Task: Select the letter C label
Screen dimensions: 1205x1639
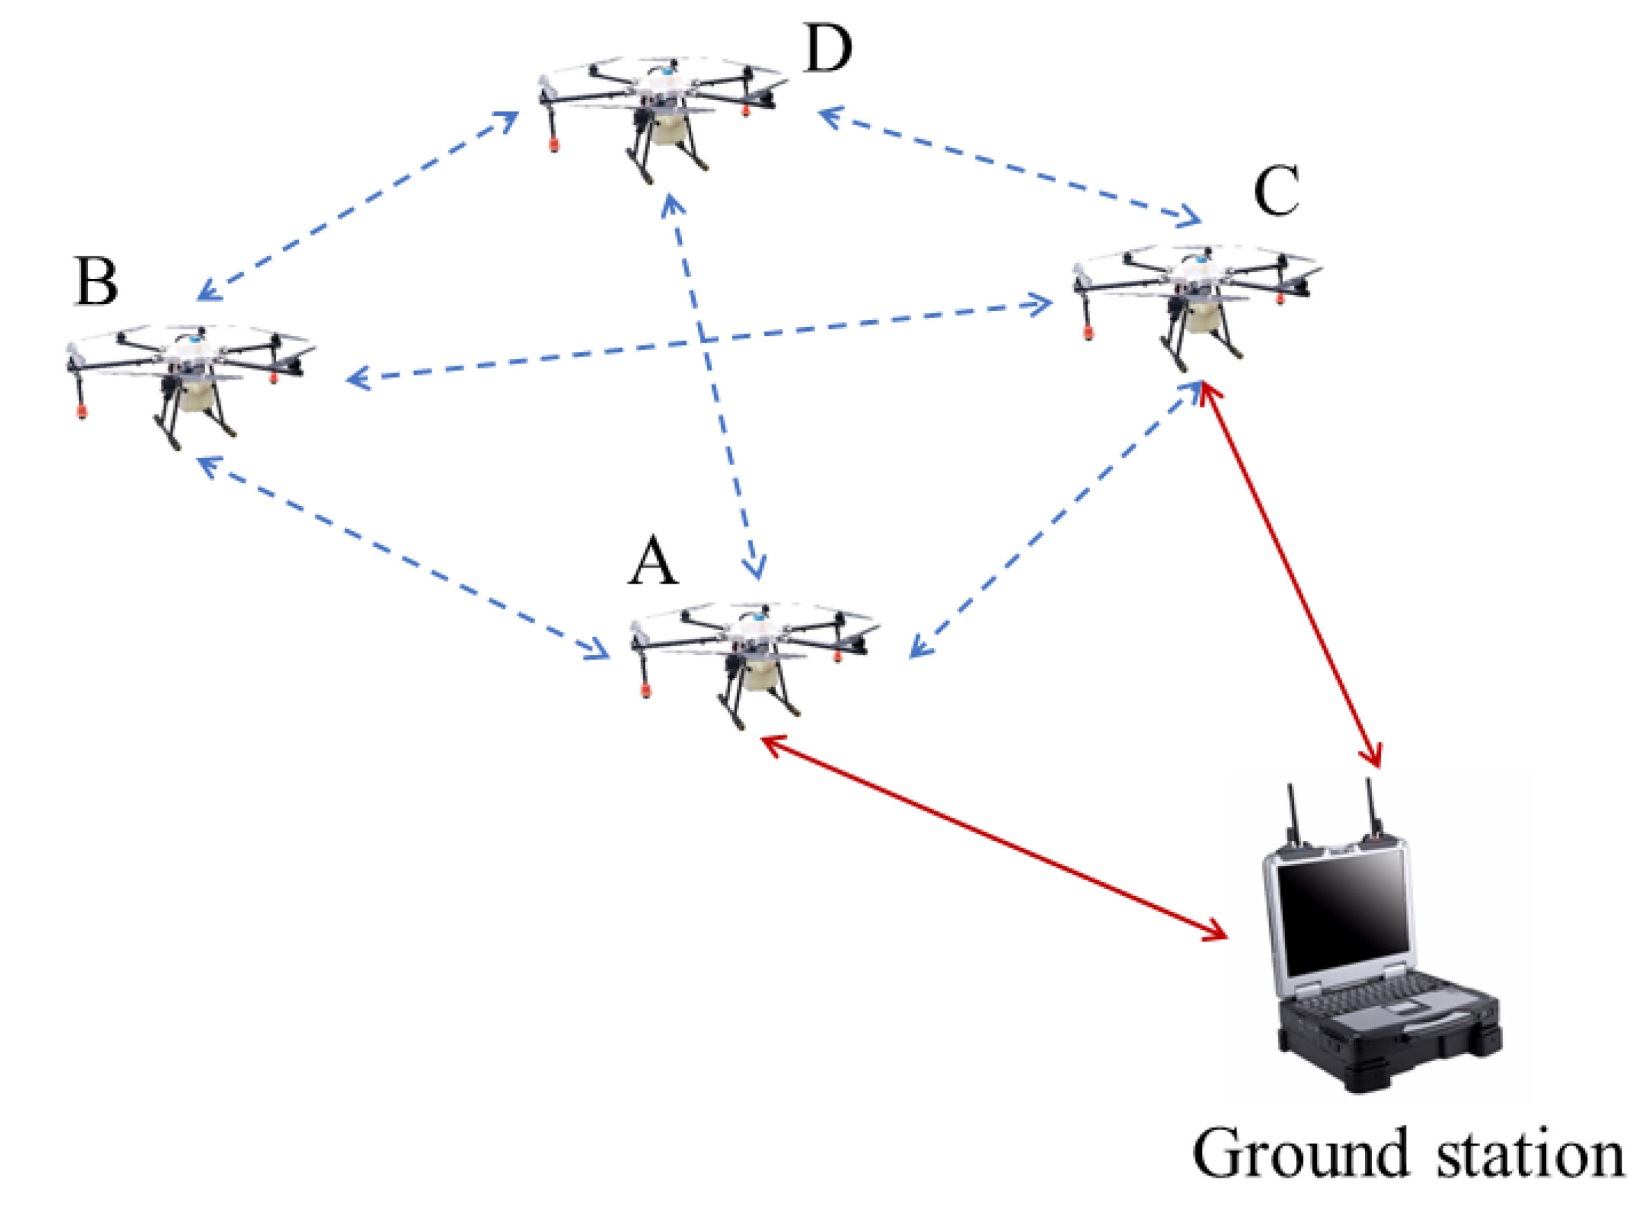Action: point(1276,190)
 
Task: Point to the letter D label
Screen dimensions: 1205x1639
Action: point(826,48)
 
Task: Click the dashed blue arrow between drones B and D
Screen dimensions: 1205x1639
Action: point(357,205)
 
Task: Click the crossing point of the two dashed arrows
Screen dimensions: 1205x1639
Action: point(701,340)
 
